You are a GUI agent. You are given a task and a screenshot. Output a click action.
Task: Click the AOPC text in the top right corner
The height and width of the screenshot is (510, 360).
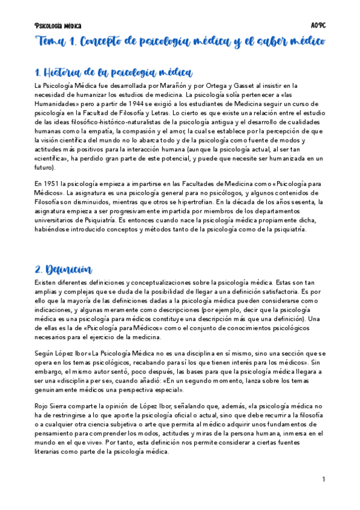tap(318, 26)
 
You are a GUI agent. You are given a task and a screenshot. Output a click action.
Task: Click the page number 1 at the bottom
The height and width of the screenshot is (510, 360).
tap(323, 479)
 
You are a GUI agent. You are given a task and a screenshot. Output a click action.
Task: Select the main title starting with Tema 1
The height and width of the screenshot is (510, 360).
tap(180, 42)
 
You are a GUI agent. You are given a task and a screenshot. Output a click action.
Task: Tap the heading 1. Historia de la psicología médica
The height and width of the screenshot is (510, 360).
tap(114, 73)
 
